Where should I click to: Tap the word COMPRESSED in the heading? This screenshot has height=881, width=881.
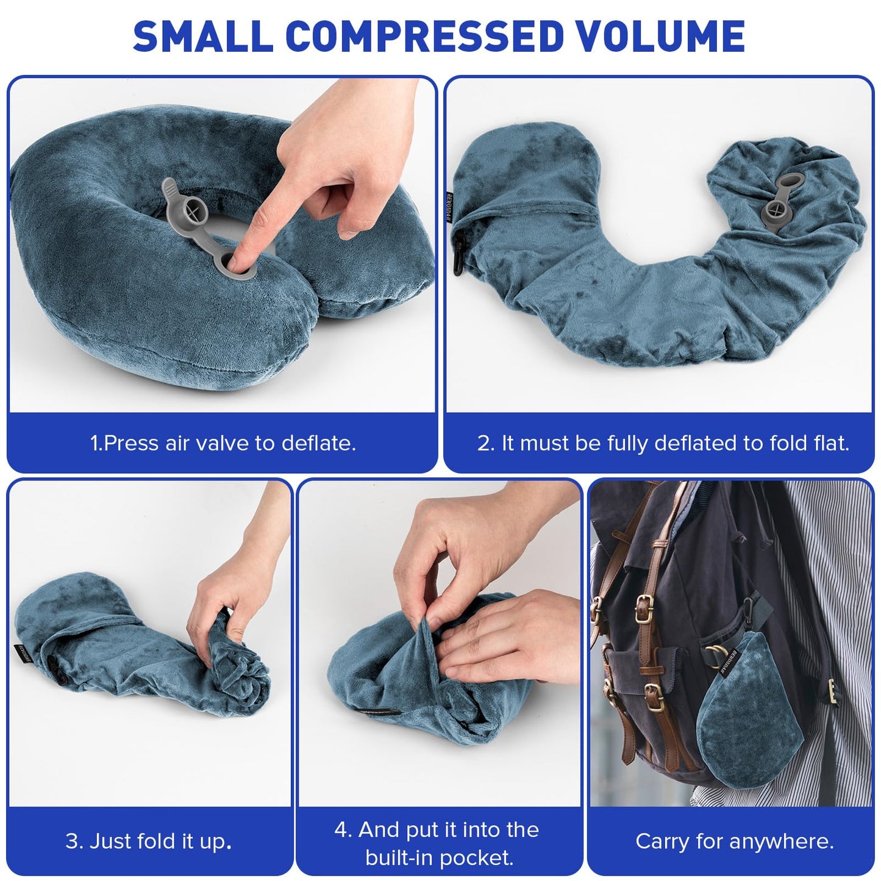[x=424, y=36]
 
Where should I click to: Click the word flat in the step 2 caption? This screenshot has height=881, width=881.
[x=831, y=443]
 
